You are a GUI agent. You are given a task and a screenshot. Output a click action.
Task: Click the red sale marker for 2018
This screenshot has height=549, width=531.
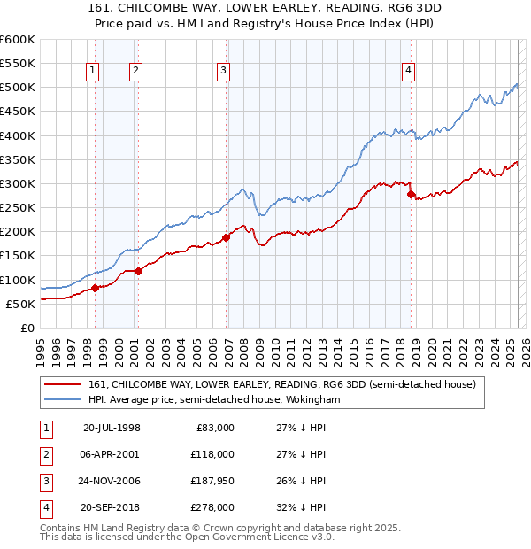pyautogui.click(x=411, y=194)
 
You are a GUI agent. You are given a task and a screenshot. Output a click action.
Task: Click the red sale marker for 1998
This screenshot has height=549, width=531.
pyautogui.click(x=95, y=288)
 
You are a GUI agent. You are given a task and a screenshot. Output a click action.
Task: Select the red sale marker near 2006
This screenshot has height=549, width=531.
pyautogui.click(x=227, y=237)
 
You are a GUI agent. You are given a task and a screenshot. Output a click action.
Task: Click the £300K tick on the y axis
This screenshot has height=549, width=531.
pyautogui.click(x=18, y=183)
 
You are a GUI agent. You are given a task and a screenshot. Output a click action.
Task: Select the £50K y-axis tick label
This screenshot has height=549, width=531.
pyautogui.click(x=20, y=304)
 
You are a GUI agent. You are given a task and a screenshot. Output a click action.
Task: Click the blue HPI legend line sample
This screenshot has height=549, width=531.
pyautogui.click(x=64, y=399)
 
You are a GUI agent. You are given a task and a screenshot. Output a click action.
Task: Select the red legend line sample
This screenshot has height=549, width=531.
pyautogui.click(x=64, y=384)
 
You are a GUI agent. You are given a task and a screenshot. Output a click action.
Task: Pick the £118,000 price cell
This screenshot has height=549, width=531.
pyautogui.click(x=212, y=454)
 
